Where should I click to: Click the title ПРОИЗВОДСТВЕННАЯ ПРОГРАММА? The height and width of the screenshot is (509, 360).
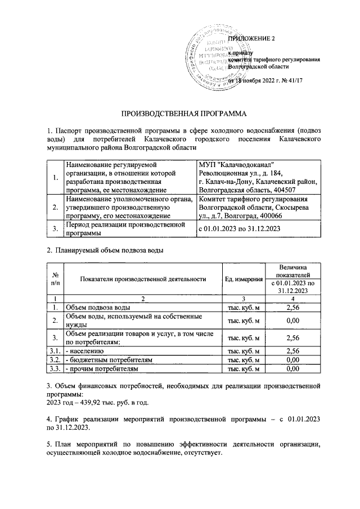180,114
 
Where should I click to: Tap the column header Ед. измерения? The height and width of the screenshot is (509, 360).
244,280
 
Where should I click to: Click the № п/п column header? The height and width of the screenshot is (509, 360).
56,280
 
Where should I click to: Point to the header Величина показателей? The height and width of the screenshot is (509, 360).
292,269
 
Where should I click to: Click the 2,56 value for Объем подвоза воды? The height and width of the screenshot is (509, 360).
292,308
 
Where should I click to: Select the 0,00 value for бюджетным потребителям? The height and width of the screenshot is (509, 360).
292,359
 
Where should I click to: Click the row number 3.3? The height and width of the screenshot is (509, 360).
56,368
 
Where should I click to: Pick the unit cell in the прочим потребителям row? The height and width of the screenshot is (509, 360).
244,368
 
